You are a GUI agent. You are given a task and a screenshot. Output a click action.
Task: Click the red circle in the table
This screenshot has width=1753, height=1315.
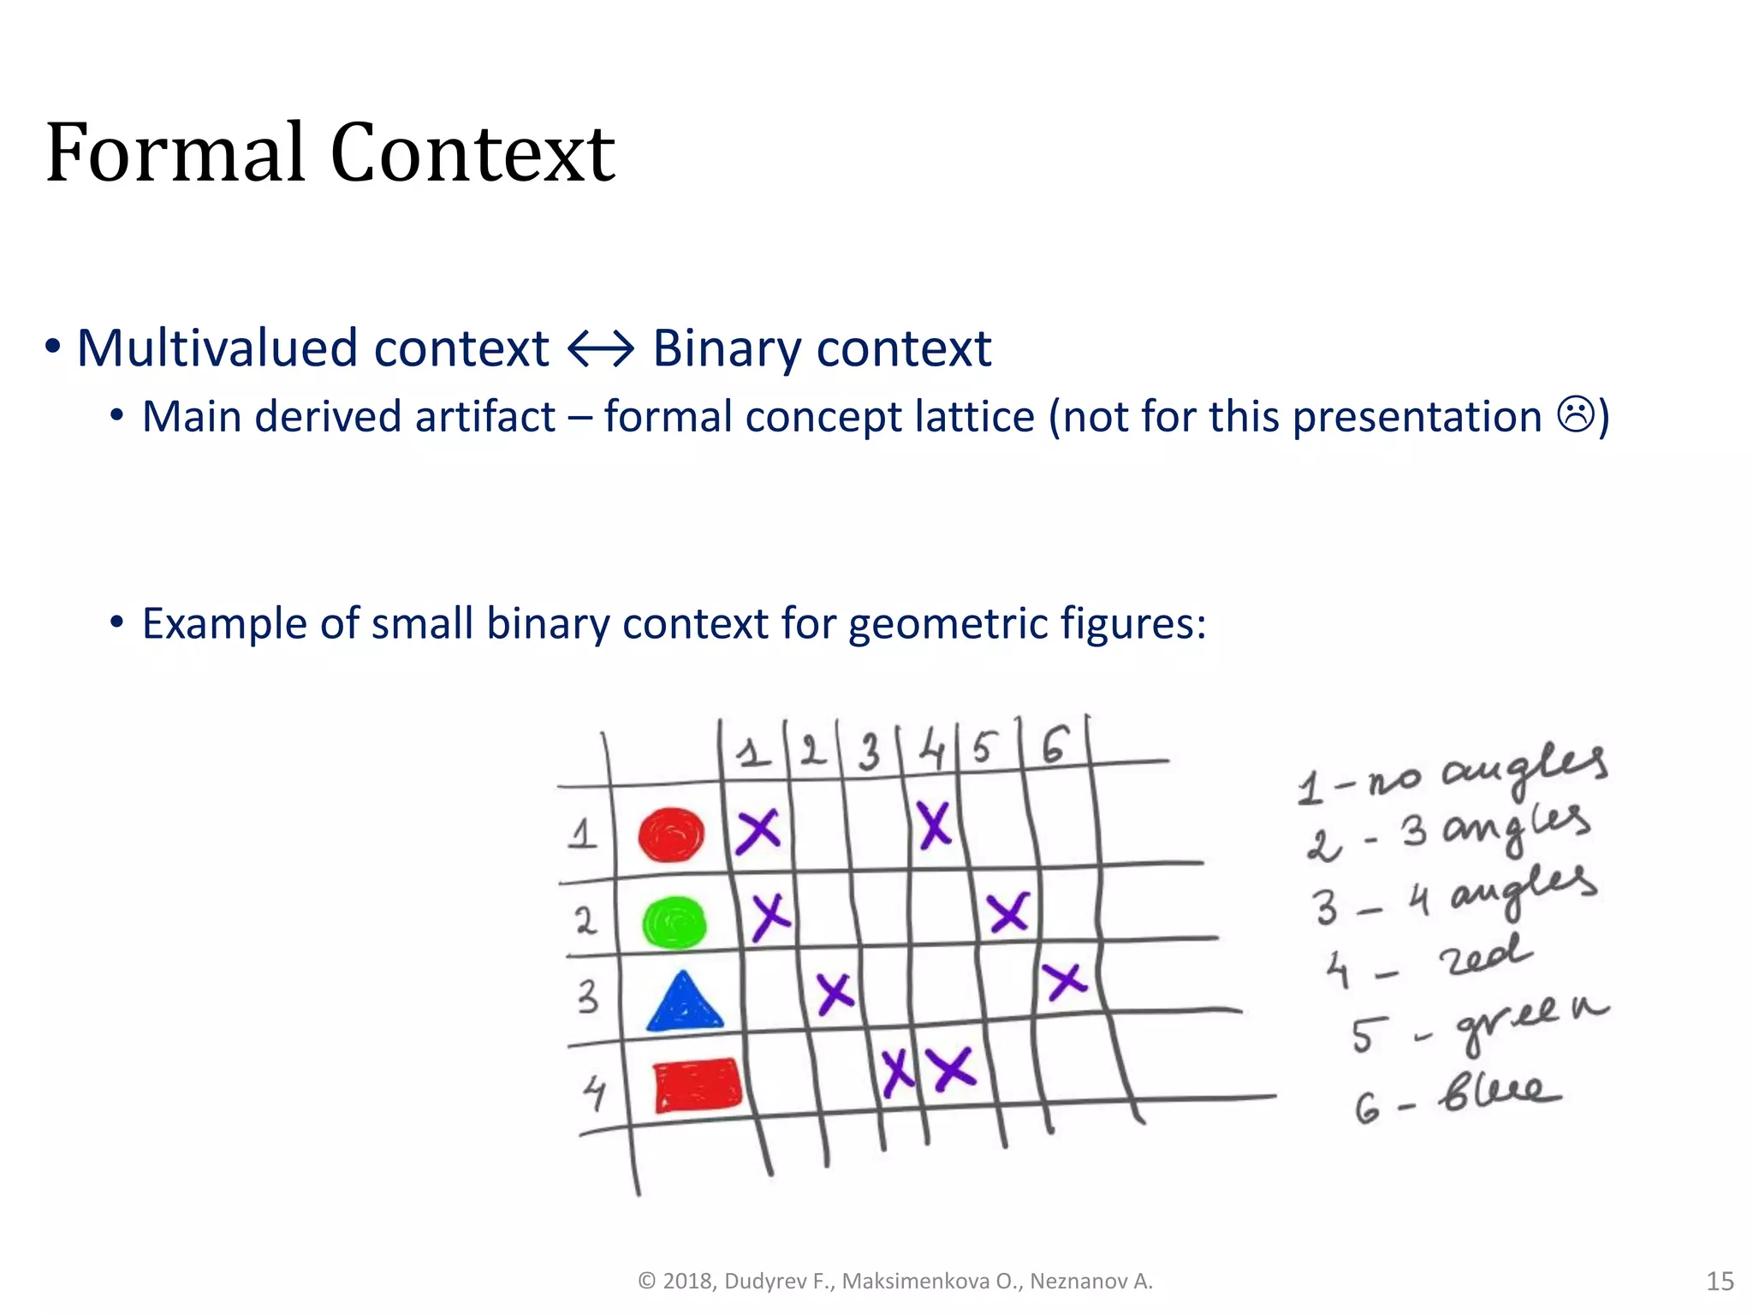click(x=671, y=835)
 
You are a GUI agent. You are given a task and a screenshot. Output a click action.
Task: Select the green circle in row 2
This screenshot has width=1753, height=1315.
click(x=674, y=923)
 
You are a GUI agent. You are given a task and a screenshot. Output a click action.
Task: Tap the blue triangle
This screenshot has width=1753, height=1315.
click(x=684, y=1003)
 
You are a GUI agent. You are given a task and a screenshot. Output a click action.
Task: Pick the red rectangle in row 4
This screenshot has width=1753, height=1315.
click(x=697, y=1085)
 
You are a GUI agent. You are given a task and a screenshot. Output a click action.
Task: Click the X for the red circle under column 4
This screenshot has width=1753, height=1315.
click(x=934, y=825)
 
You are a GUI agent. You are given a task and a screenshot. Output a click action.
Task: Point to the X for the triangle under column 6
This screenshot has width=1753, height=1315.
click(x=1064, y=981)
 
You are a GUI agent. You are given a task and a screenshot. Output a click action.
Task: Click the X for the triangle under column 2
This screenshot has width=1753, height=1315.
click(x=835, y=993)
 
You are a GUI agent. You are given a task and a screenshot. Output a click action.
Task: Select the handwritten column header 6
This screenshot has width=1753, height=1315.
click(x=1055, y=745)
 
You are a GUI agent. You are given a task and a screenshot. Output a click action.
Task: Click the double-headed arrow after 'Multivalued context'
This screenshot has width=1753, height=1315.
click(x=601, y=349)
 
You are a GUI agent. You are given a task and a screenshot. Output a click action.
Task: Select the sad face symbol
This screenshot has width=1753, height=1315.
click(x=1575, y=415)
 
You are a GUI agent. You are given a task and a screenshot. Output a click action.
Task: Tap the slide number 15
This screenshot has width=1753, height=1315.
click(x=1720, y=1281)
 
